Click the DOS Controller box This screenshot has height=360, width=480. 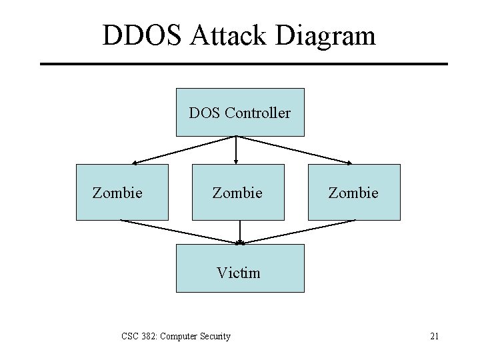pos(239,112)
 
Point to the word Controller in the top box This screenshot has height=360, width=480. pos(257,113)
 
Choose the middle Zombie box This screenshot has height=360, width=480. pos(238,193)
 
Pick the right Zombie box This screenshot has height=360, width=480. pos(354,193)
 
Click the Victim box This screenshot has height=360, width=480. pos(239,268)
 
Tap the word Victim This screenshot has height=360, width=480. pos(238,273)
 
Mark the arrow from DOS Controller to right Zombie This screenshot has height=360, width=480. pos(295,150)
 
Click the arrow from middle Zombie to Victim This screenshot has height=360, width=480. pos(239,232)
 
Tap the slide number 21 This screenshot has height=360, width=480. pos(434,336)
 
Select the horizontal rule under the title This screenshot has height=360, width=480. pos(243,64)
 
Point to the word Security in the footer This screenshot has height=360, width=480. pos(213,336)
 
